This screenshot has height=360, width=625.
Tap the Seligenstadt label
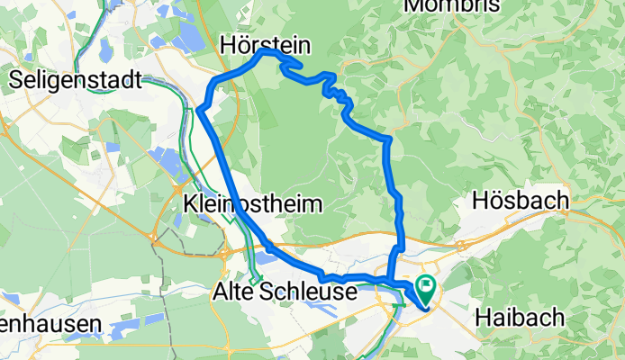(x=76, y=80)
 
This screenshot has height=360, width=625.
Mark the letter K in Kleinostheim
(x=189, y=204)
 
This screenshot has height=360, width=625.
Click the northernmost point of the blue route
(x=266, y=51)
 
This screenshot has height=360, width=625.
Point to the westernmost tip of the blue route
(x=198, y=110)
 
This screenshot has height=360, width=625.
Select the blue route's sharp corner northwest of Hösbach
(x=388, y=139)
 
